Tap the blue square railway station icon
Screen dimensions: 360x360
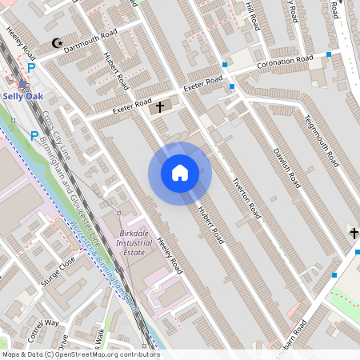click(x=24, y=84)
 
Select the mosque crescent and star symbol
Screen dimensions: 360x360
click(x=56, y=42)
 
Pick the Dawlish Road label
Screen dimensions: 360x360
click(x=285, y=166)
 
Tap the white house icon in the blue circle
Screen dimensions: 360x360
click(x=179, y=173)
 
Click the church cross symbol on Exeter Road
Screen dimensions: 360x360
click(x=158, y=106)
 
